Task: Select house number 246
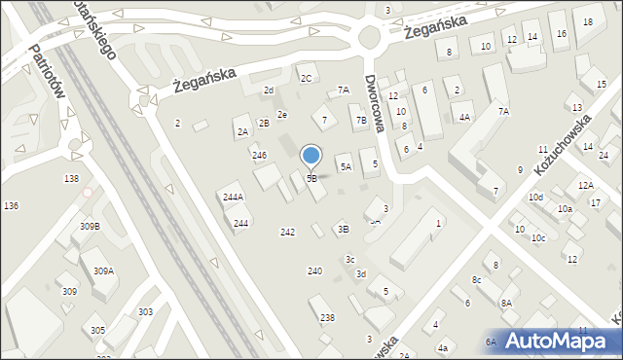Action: (259, 156)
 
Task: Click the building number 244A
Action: (233, 197)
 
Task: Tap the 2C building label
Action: (306, 78)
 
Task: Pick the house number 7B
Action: (361, 121)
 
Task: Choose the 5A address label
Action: (345, 167)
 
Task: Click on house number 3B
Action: (343, 230)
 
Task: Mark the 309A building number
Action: (103, 271)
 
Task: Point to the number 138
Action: (71, 179)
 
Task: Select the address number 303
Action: (145, 312)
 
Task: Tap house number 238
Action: (327, 318)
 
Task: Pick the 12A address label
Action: (584, 185)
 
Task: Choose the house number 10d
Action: (535, 198)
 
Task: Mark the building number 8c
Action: (476, 280)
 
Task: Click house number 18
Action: (587, 21)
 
